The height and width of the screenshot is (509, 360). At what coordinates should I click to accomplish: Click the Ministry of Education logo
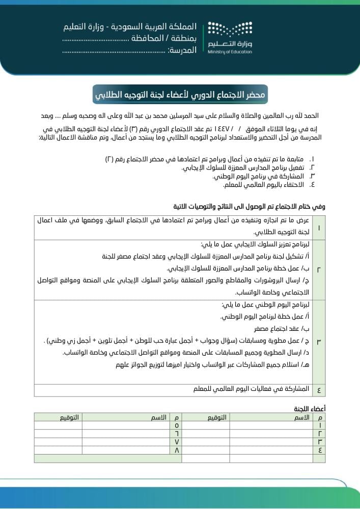click(x=230, y=38)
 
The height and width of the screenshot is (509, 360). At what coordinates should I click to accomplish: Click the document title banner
click(x=180, y=95)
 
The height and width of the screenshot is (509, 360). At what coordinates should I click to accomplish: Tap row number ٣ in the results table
click(x=319, y=342)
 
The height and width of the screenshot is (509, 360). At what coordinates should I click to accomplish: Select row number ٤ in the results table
click(x=319, y=390)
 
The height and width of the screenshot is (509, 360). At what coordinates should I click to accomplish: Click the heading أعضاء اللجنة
click(x=310, y=408)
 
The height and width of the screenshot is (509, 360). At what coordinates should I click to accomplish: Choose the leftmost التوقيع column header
click(x=69, y=417)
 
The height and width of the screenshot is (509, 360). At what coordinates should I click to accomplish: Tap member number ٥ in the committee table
click(x=177, y=425)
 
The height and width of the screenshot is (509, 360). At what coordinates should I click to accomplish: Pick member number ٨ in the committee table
click(x=177, y=450)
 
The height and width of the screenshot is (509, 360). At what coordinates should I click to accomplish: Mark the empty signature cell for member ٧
click(x=58, y=442)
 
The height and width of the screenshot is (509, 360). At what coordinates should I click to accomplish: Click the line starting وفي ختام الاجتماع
click(x=249, y=207)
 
